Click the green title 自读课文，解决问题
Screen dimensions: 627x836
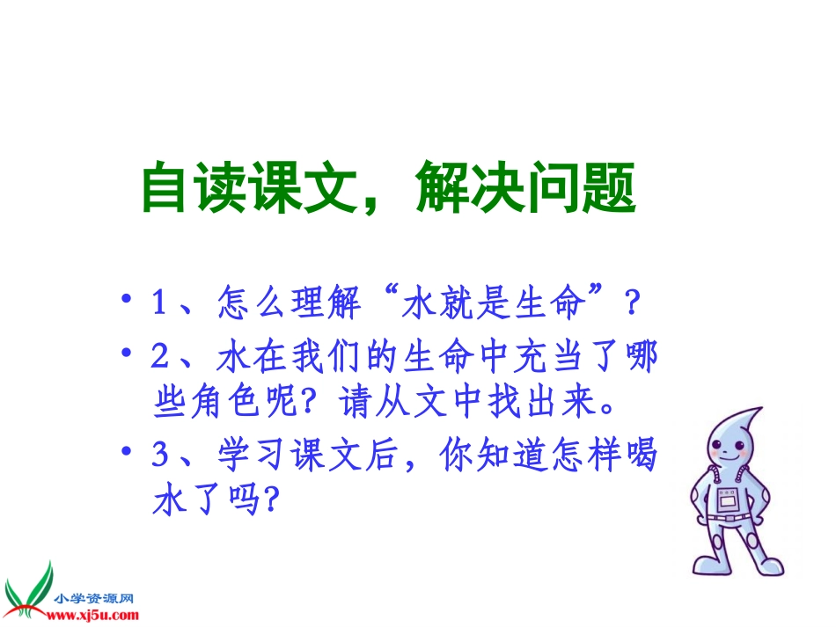click(x=388, y=188)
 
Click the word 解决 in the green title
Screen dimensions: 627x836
click(x=461, y=188)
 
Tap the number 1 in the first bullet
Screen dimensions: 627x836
click(x=160, y=306)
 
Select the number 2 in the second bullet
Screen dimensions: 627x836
click(x=160, y=358)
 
